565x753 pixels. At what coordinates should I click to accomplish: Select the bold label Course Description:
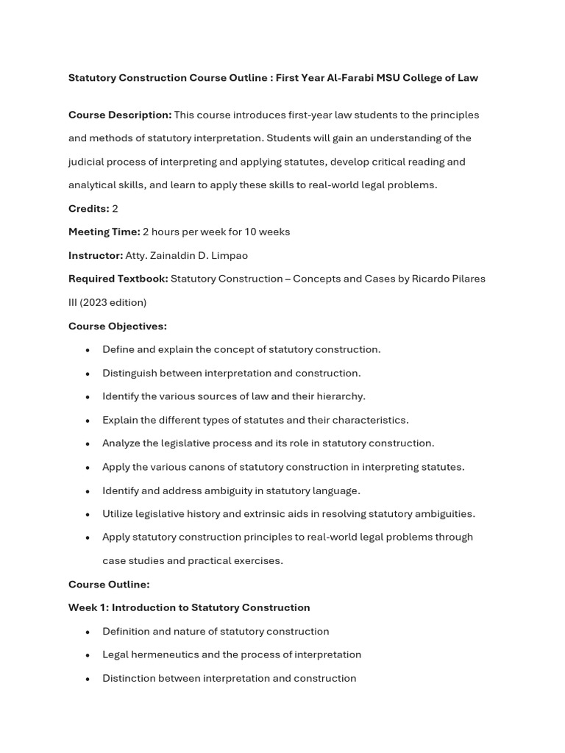120,115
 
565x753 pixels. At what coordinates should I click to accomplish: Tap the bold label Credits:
88,209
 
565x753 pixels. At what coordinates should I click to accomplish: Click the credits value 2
115,209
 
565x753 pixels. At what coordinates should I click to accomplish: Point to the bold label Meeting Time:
104,232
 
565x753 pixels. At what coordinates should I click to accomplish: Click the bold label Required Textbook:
118,279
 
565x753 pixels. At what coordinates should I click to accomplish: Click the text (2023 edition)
113,302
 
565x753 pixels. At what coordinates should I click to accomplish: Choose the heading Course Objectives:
118,326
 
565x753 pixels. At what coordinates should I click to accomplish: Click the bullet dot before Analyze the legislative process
88,444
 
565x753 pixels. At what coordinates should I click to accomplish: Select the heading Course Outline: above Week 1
109,585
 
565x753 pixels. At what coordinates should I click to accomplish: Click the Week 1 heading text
189,608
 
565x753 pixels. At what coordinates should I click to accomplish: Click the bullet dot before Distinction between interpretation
88,679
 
